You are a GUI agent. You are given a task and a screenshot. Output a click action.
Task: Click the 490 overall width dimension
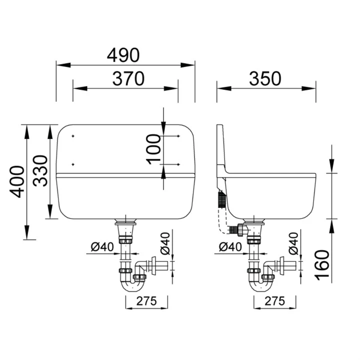(x=123, y=55)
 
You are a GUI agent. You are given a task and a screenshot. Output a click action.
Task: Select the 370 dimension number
(x=128, y=79)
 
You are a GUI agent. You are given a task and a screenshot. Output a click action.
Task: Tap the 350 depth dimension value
(x=265, y=79)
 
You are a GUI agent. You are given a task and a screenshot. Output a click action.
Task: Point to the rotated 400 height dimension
(x=17, y=181)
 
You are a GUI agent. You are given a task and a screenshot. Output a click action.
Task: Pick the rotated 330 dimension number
(x=40, y=171)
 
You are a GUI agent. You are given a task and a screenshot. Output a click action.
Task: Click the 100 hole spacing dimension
(x=153, y=149)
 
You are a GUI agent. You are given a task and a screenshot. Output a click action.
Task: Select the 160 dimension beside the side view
(x=322, y=265)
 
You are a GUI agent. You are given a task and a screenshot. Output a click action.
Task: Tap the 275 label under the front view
(x=146, y=301)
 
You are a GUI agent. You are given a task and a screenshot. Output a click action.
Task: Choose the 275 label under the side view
(x=274, y=301)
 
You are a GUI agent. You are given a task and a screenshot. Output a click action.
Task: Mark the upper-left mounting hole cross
(x=73, y=136)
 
